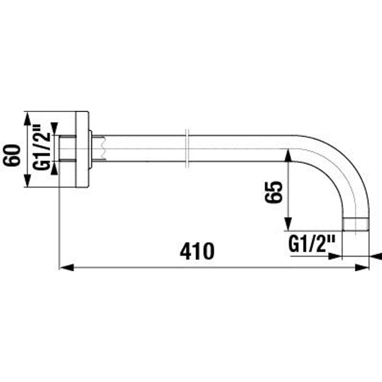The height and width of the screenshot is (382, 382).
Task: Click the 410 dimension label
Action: point(197,251)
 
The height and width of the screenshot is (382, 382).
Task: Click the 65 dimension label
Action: point(273,191)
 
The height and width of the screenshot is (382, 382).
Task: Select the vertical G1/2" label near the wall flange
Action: point(42,148)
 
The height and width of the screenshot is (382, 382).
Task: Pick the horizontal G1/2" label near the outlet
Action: point(311,244)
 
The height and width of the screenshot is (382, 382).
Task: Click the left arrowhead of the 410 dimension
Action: point(67,268)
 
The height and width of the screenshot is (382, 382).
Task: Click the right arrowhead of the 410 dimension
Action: point(362,268)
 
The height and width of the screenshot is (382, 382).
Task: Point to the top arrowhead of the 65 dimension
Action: point(288,156)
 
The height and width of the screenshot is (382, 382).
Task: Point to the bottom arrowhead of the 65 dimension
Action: point(288,224)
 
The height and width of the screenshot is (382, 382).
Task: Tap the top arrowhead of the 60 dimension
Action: point(27,118)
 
